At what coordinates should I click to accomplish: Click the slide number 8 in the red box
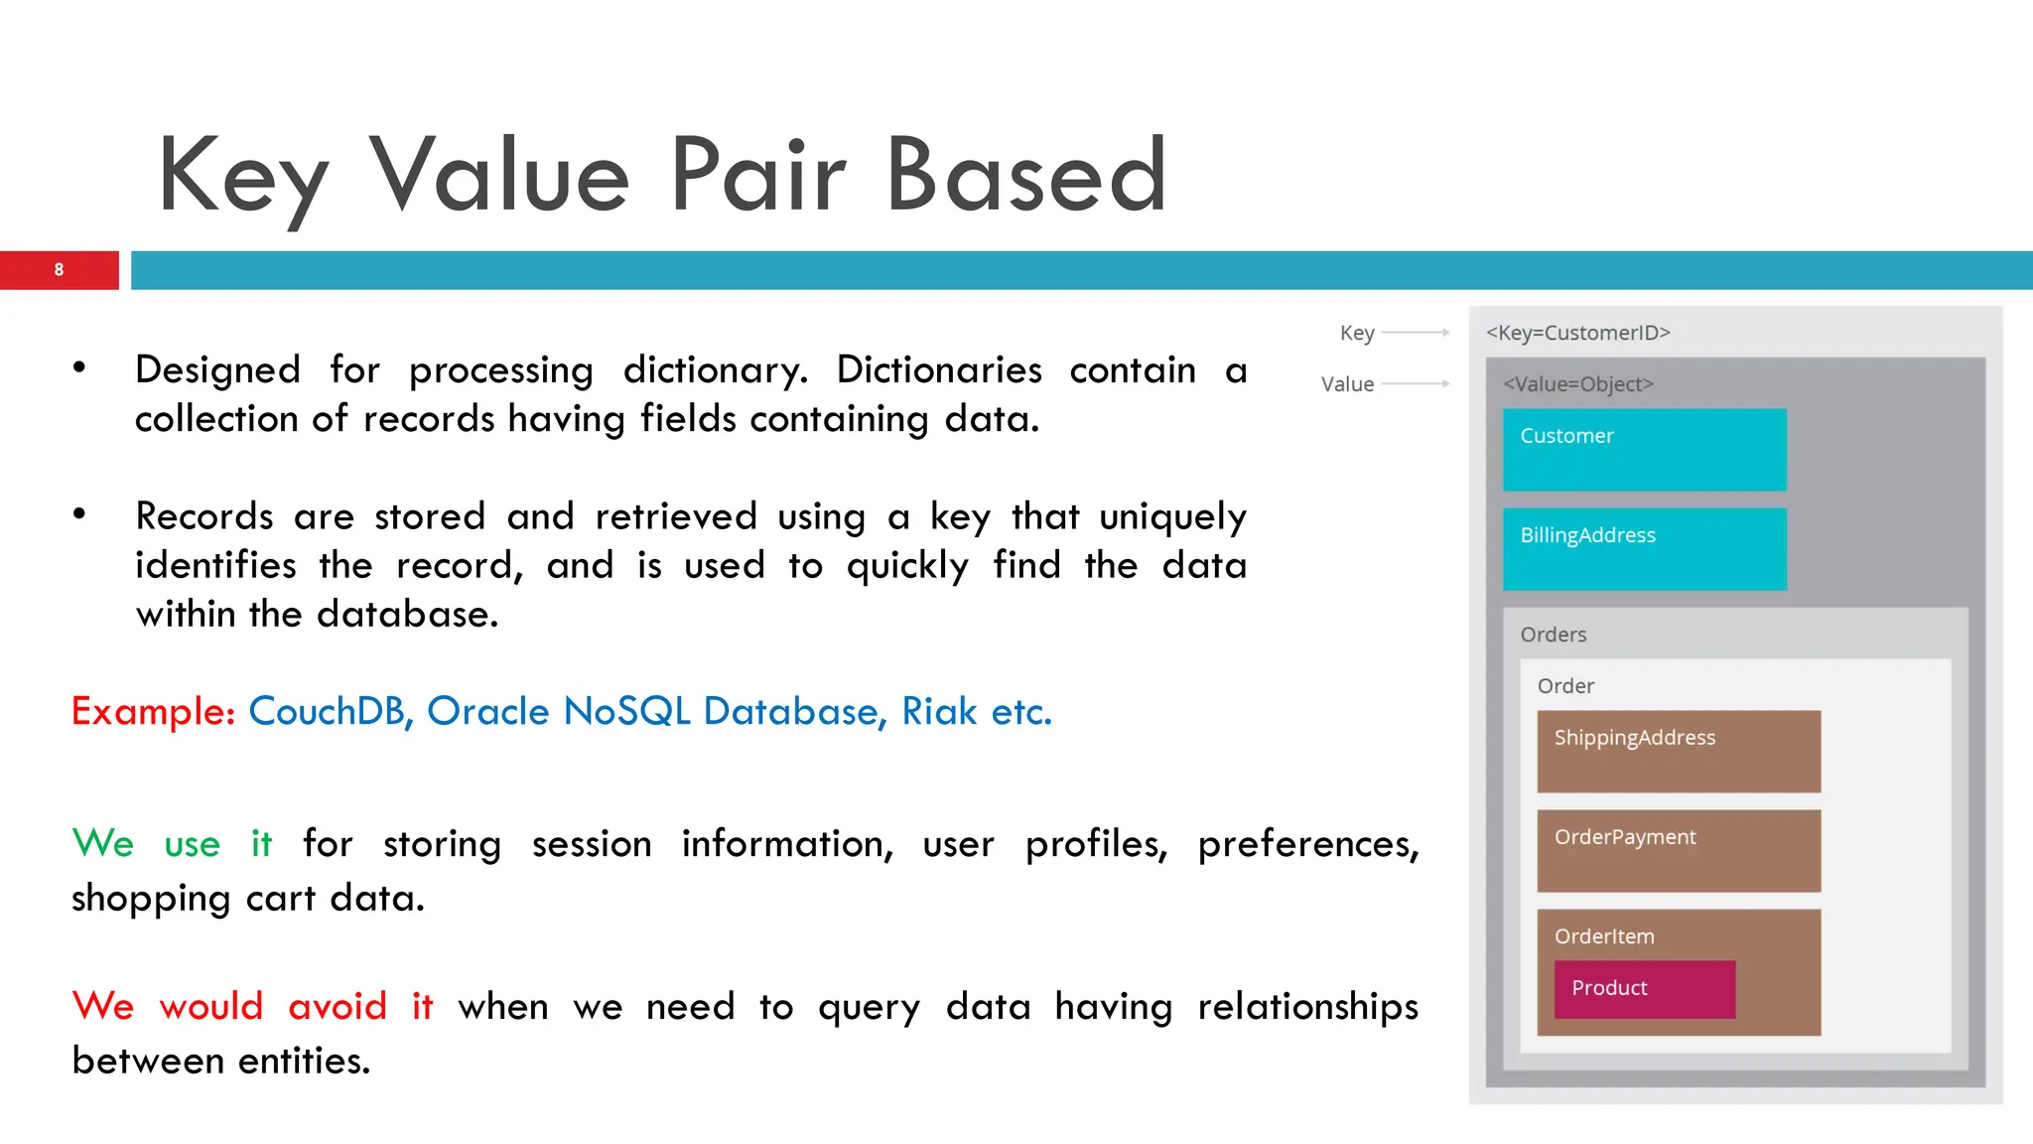pyautogui.click(x=59, y=269)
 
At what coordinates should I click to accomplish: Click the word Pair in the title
pyautogui.click(x=758, y=177)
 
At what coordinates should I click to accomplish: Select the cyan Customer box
pyautogui.click(x=1644, y=450)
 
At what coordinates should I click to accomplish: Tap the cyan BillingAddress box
pyautogui.click(x=1644, y=549)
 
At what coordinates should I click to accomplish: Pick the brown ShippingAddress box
pyautogui.click(x=1678, y=752)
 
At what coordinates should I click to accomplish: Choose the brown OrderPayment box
pyautogui.click(x=1678, y=851)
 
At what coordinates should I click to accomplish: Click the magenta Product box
pyautogui.click(x=1644, y=989)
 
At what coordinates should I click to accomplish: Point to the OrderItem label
pyautogui.click(x=1604, y=936)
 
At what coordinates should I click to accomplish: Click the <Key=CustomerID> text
pyautogui.click(x=1577, y=333)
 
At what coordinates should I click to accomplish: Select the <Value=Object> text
pyautogui.click(x=1577, y=384)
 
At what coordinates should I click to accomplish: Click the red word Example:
pyautogui.click(x=153, y=712)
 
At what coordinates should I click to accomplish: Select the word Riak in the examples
pyautogui.click(x=939, y=712)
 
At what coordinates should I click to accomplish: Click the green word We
pyautogui.click(x=103, y=844)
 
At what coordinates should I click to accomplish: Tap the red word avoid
pyautogui.click(x=338, y=1007)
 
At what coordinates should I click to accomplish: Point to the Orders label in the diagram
pyautogui.click(x=1553, y=635)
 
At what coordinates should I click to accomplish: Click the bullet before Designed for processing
pyautogui.click(x=79, y=368)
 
